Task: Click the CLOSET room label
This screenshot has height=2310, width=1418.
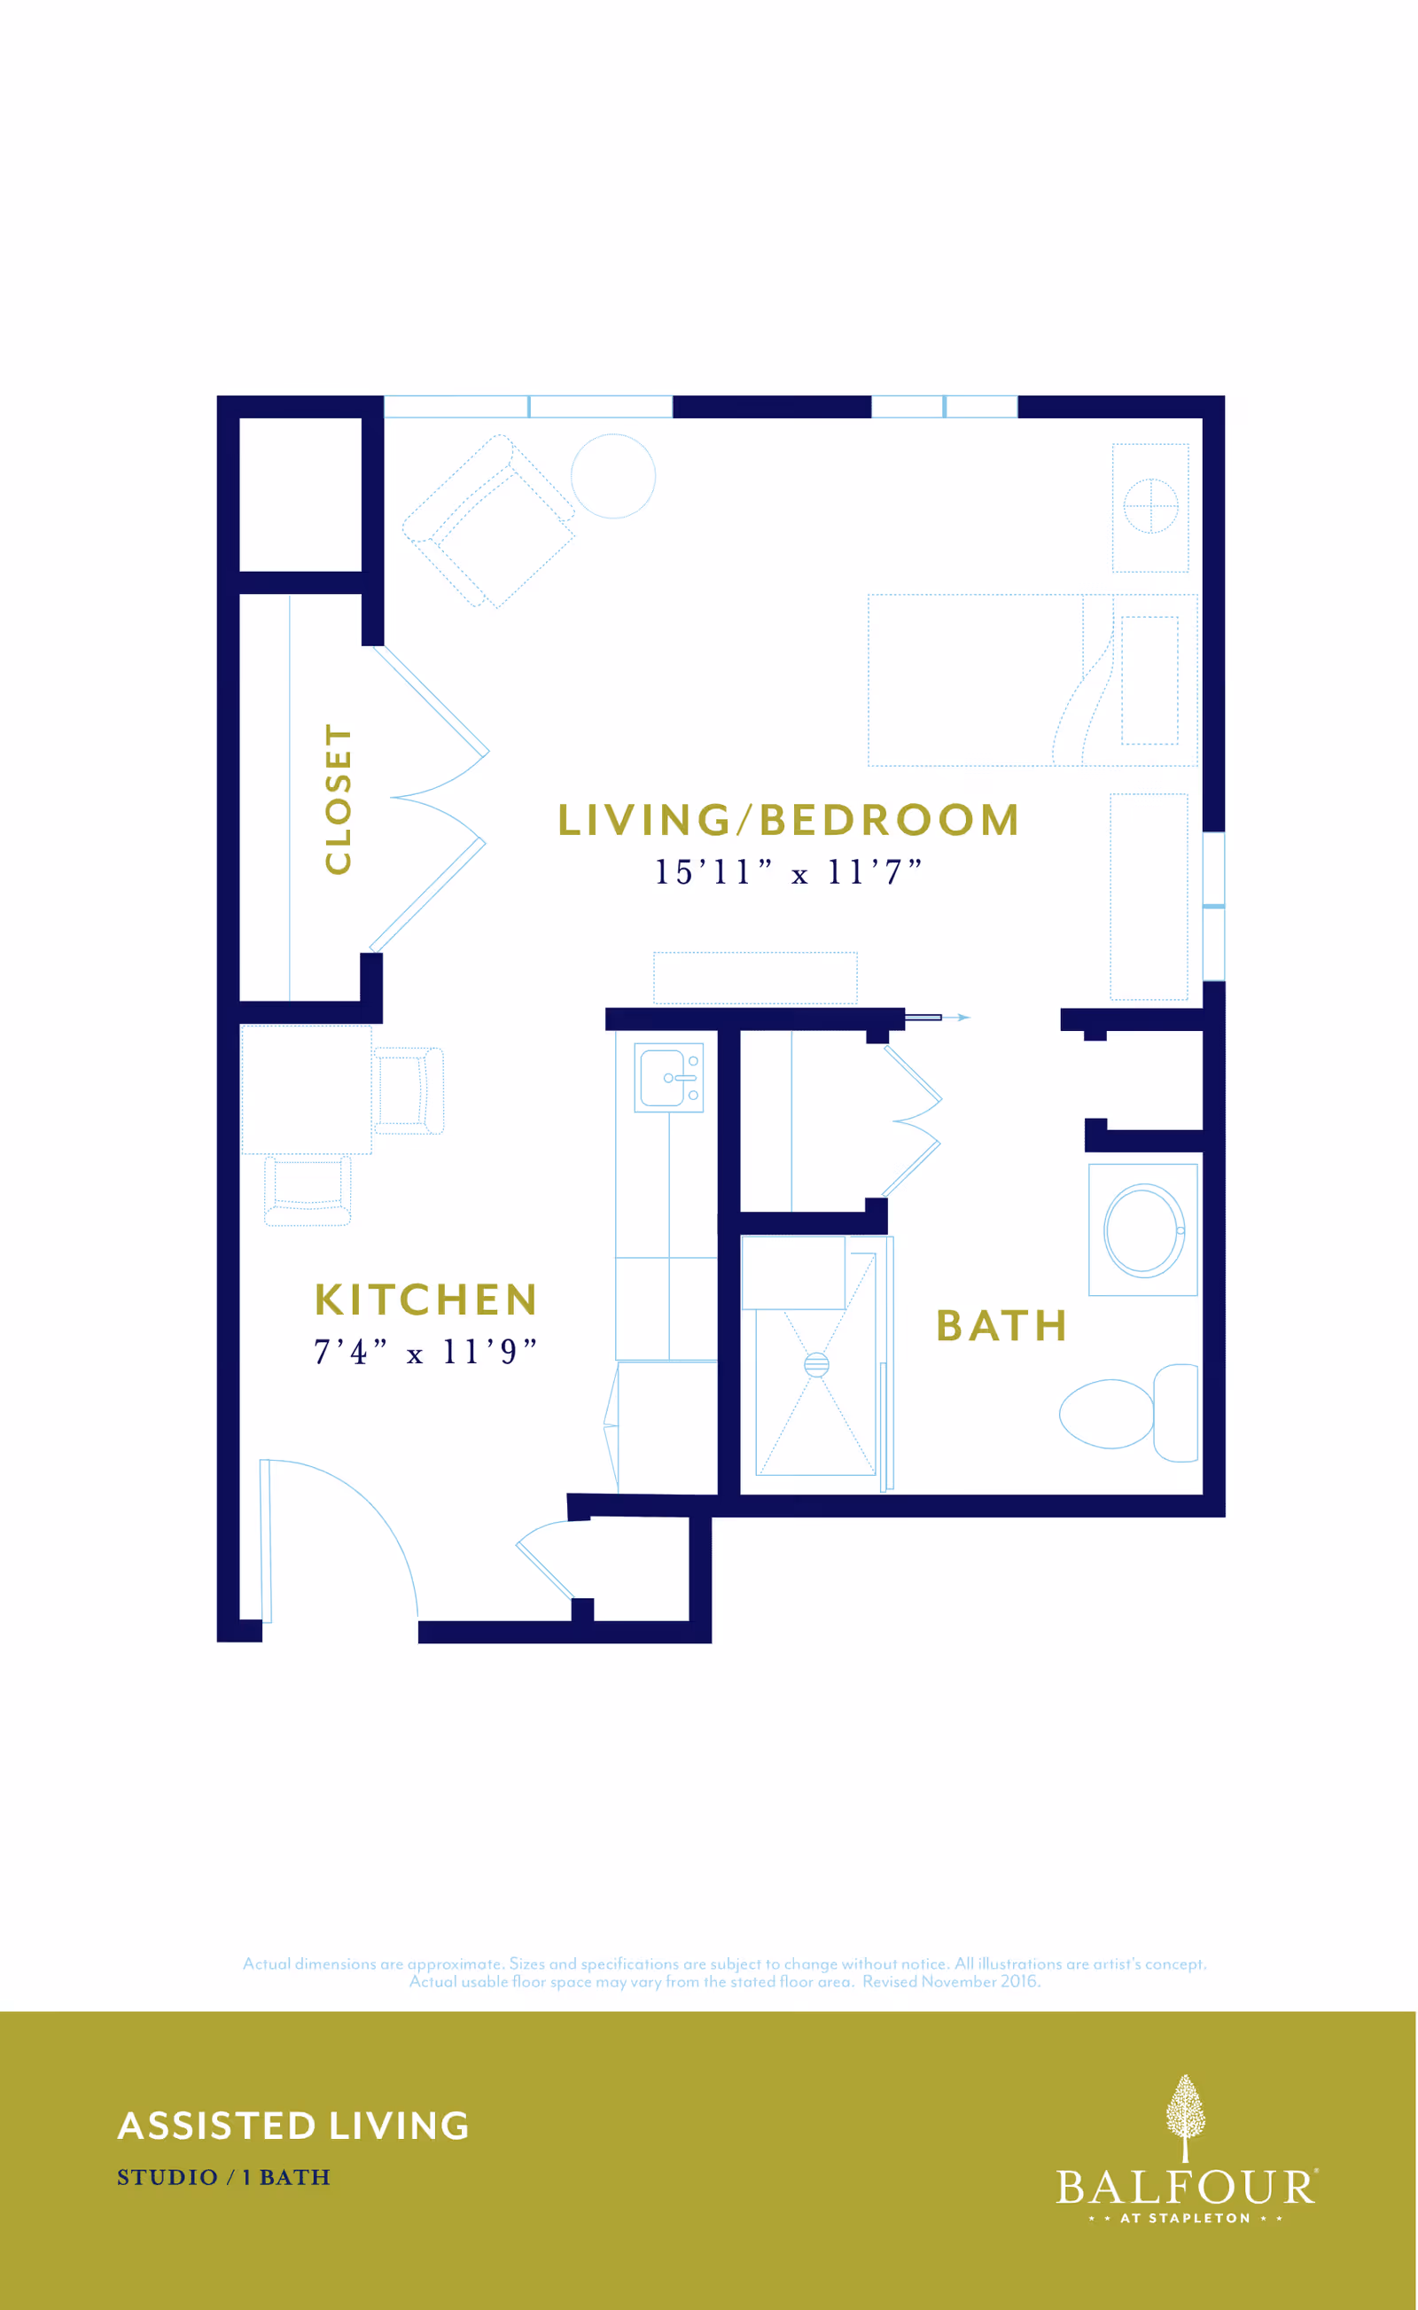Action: coord(338,799)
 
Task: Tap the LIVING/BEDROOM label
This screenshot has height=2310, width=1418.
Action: coord(789,820)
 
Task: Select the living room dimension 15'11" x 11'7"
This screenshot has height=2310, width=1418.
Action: coord(788,872)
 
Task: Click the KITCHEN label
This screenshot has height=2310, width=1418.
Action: coord(425,1299)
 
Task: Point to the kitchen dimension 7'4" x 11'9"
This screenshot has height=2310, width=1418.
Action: coord(425,1352)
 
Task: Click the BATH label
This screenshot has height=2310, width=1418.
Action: coord(1001,1326)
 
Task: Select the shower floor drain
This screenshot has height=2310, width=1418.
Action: coord(816,1364)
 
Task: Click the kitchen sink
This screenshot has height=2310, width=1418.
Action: coord(668,1078)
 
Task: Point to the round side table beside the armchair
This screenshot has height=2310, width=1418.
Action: coord(613,475)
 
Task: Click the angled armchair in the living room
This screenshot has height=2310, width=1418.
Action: coord(488,521)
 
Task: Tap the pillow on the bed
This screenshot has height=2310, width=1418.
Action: coord(1149,680)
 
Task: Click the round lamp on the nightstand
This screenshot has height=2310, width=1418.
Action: coord(1150,505)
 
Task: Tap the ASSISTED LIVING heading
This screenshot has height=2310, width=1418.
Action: coord(293,2127)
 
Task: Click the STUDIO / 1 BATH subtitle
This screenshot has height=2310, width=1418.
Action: coord(223,2178)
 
